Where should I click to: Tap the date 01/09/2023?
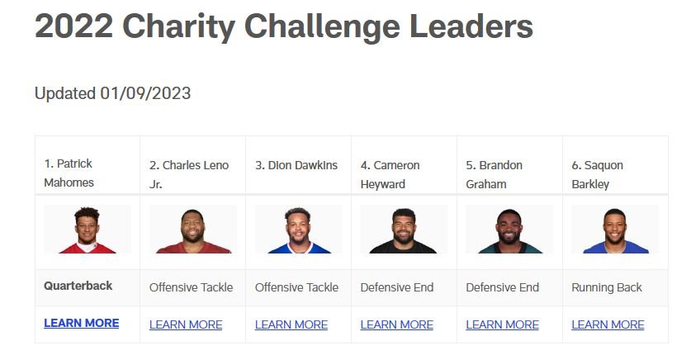click(145, 93)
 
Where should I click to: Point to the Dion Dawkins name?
click(296, 165)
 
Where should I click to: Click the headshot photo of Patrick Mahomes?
click(88, 230)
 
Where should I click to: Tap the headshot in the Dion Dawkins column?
click(298, 230)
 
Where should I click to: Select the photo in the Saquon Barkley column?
click(615, 230)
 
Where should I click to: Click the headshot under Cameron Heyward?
click(404, 230)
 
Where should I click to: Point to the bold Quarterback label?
click(78, 286)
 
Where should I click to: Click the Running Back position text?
click(607, 287)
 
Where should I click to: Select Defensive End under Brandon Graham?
click(503, 287)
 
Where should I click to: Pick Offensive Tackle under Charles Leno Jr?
click(191, 287)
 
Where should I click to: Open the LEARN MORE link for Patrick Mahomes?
click(82, 323)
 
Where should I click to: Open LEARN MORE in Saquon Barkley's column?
click(608, 324)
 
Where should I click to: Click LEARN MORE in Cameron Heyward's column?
click(396, 324)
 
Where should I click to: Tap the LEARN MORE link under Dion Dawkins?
click(291, 324)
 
